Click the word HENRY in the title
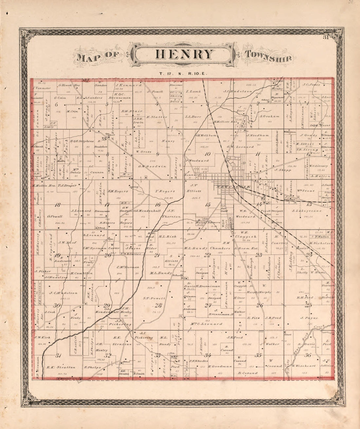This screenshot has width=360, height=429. click(x=184, y=54)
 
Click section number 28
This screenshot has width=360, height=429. click(x=158, y=305)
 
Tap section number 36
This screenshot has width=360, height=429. click(x=308, y=355)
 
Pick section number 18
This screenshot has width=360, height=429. click(x=58, y=205)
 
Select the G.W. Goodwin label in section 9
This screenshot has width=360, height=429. click(x=152, y=166)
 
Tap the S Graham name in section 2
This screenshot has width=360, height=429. click(x=270, y=116)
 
